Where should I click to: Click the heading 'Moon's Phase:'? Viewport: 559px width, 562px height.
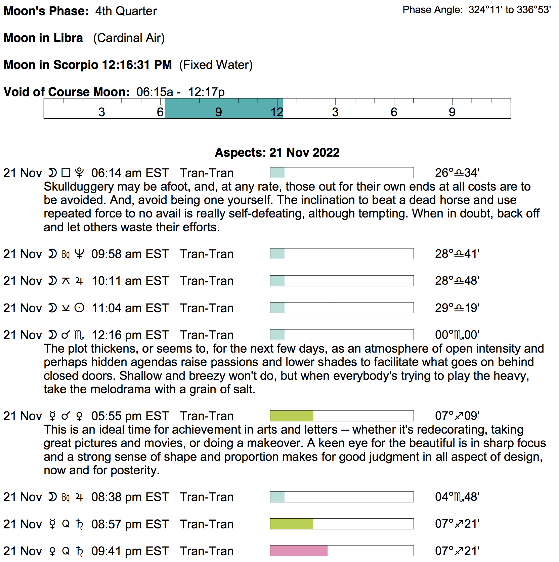tap(46, 11)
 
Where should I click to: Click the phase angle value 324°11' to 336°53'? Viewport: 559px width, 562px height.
tap(509, 10)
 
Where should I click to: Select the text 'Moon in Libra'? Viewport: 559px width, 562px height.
tap(43, 38)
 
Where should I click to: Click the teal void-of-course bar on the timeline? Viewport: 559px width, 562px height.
tap(224, 108)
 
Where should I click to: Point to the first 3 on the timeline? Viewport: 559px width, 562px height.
tap(102, 112)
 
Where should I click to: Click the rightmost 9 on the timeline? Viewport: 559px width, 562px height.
tap(452, 112)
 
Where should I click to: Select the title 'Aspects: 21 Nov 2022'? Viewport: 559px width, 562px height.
tap(277, 153)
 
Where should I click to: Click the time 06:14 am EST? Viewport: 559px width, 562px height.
tap(130, 173)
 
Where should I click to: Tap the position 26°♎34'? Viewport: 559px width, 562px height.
tap(457, 173)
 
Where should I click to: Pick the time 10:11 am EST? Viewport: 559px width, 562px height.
tap(130, 281)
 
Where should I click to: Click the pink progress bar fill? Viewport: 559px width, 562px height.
tap(299, 551)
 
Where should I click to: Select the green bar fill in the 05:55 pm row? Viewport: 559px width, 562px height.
tap(292, 416)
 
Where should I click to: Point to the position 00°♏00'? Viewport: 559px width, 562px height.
tap(457, 335)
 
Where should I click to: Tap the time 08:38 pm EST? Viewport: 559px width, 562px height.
tap(130, 497)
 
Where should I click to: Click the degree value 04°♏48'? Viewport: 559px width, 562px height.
tap(457, 497)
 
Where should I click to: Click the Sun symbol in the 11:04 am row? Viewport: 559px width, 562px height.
tap(79, 308)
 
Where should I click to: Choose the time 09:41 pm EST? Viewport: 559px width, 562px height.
tap(130, 551)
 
